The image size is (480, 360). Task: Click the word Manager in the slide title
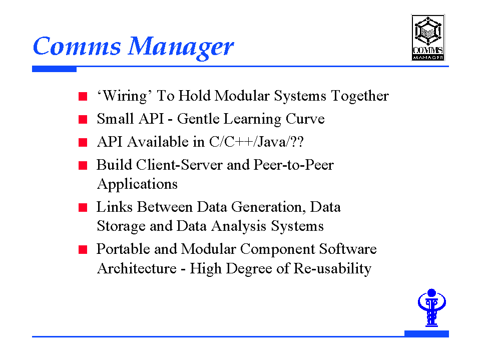181,47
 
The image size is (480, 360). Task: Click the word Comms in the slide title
77,46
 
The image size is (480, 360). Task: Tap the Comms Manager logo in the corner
427,38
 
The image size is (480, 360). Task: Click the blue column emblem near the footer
431,307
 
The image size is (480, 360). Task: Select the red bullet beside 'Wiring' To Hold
83,97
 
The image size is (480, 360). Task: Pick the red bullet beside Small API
83,119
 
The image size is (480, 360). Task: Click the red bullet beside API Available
83,142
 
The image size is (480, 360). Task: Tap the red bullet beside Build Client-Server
83,165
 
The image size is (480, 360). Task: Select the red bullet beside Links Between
83,207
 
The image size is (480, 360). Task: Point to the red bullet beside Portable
83,249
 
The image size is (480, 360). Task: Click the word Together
360,96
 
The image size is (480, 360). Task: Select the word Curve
305,119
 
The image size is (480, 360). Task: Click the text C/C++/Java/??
257,142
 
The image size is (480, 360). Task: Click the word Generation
268,207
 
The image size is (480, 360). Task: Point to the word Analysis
239,226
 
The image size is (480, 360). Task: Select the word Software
348,249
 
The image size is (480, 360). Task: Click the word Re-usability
332,269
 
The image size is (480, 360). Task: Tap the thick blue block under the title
54,69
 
